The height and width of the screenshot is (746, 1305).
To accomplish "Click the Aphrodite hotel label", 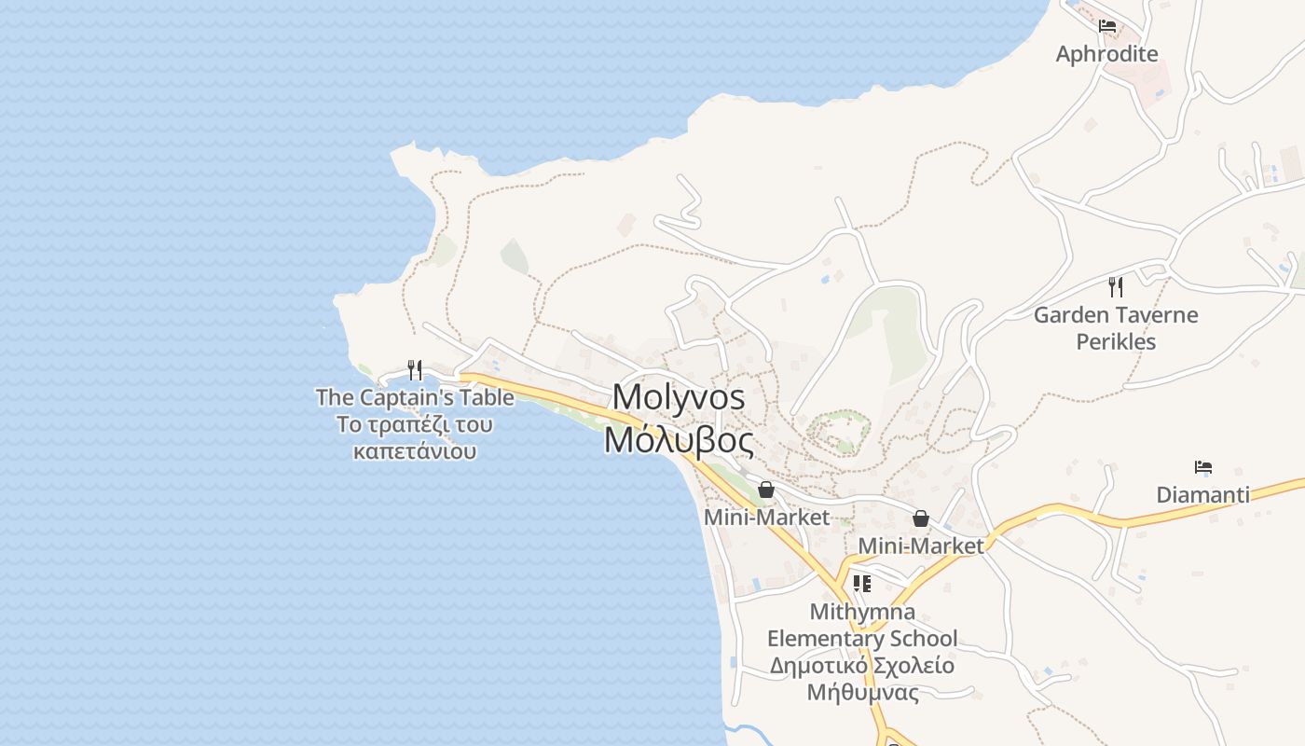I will (x=1106, y=54).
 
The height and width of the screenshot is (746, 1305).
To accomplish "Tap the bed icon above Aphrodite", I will (x=1107, y=26).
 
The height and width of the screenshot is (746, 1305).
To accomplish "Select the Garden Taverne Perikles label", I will (x=1116, y=328).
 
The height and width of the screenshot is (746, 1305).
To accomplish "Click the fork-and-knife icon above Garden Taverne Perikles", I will (x=1115, y=286).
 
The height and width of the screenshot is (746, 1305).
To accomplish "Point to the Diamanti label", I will (x=1202, y=495).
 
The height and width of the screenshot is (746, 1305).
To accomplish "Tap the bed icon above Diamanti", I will (x=1203, y=467).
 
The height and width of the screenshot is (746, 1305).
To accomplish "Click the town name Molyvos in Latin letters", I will (x=679, y=397).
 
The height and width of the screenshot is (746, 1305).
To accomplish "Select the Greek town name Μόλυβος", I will (x=679, y=439).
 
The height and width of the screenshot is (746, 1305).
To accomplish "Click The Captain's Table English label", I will (x=415, y=398).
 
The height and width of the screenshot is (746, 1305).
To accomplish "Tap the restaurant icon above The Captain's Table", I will (x=415, y=370).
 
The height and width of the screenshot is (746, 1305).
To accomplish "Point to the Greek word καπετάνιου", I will (x=415, y=452).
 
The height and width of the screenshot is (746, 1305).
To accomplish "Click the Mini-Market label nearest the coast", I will (x=766, y=517).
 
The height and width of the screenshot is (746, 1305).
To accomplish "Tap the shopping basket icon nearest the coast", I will (x=766, y=490).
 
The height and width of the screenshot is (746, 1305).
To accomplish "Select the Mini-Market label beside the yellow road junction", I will (x=920, y=546).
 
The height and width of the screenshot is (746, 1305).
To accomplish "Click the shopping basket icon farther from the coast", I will (x=921, y=518).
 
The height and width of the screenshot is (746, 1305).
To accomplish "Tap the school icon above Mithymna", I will (x=862, y=585).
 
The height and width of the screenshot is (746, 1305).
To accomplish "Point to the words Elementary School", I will (x=862, y=639).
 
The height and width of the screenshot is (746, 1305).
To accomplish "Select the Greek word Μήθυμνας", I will (x=862, y=693).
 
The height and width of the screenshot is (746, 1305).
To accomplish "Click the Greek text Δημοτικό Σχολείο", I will (x=862, y=666).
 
